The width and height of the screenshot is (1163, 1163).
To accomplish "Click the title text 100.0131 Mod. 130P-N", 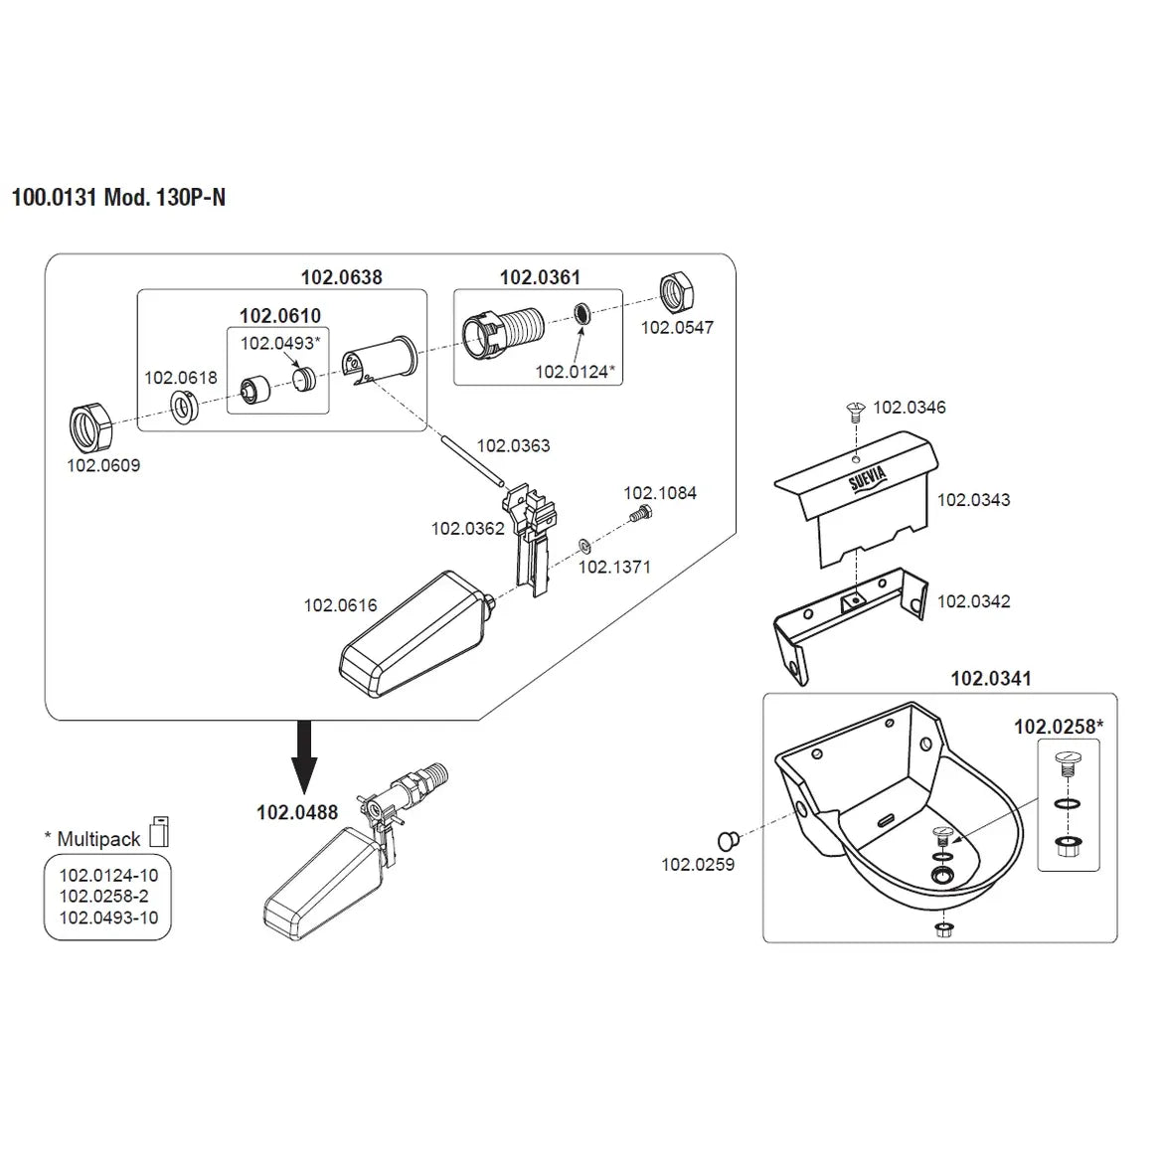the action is [118, 197].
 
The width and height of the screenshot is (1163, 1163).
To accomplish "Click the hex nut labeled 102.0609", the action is [90, 428].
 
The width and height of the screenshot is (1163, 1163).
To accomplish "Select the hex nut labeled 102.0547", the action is [677, 293].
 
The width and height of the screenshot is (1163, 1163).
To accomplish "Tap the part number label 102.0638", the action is [341, 277].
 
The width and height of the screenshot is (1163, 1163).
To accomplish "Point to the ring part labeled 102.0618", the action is [183, 407].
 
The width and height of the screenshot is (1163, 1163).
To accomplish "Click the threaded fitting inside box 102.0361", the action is [503, 335].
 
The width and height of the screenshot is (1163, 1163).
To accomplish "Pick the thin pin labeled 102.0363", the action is [472, 460].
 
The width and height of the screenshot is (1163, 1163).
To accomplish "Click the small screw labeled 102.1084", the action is [641, 513].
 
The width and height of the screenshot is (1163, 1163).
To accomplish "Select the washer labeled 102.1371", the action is [584, 547].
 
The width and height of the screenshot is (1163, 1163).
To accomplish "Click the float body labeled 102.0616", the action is [415, 635].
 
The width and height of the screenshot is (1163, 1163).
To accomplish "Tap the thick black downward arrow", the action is [304, 756].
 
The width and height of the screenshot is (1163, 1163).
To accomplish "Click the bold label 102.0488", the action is [297, 813].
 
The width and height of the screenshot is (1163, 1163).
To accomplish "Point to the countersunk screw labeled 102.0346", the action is [856, 413].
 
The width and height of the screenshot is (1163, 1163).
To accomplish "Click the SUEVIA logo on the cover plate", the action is [868, 479].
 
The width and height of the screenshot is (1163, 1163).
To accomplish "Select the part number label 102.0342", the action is [974, 601].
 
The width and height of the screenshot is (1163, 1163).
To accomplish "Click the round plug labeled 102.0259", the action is [729, 841].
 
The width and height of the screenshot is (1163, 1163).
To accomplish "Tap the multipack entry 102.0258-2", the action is [108, 896].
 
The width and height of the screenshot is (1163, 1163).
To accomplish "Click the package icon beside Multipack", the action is [159, 832].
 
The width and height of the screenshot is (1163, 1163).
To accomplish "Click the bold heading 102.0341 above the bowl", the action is [991, 679].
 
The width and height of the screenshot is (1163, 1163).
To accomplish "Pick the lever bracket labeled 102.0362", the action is [531, 539].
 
